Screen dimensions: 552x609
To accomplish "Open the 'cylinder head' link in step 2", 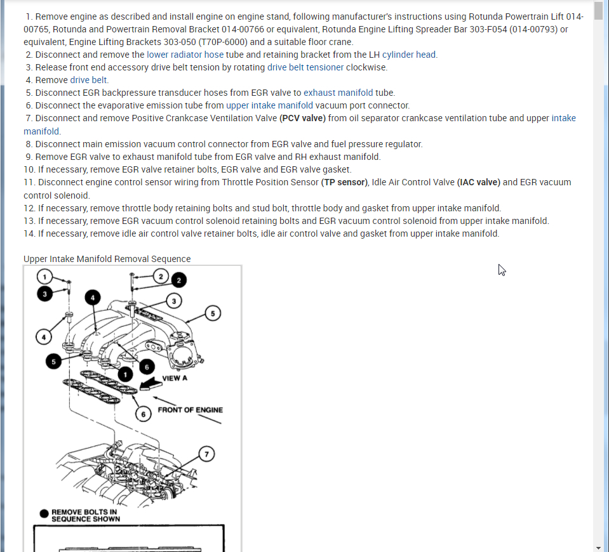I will click(x=409, y=55).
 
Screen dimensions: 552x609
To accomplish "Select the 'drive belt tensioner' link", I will click(x=305, y=67).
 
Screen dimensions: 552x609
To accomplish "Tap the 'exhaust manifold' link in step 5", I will click(x=338, y=93).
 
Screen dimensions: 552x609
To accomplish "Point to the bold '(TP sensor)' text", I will click(x=344, y=182).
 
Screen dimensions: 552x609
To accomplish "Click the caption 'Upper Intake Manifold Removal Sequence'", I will click(x=107, y=259).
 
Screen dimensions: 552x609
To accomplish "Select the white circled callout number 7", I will click(x=205, y=454).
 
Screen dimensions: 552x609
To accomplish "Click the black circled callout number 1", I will click(x=126, y=375).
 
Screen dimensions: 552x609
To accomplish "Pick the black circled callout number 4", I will click(x=93, y=298).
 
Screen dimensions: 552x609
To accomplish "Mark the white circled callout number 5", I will click(x=213, y=313).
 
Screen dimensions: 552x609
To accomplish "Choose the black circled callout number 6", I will click(x=147, y=367).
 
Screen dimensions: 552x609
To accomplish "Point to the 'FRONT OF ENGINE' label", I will click(x=190, y=410).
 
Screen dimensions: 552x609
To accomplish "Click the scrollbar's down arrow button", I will click(x=598, y=547).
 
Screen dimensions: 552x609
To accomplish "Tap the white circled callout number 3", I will click(x=173, y=300).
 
